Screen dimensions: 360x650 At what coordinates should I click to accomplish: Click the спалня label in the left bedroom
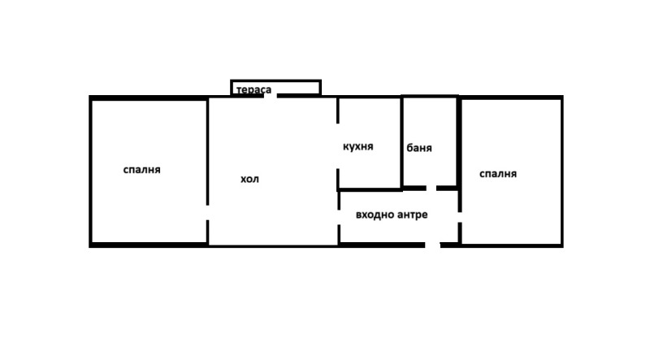pos(141,170)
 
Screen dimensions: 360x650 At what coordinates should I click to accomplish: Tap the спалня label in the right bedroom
pos(498,174)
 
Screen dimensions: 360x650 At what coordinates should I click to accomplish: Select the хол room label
pos(249,179)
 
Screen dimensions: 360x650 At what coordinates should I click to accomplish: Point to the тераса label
pos(253,90)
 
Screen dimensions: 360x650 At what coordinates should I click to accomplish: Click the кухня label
pos(358,147)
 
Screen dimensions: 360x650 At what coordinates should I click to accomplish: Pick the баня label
pos(419,149)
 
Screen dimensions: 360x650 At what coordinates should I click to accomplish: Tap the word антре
pos(412,215)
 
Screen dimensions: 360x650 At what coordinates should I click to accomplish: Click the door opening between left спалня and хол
pos(208,213)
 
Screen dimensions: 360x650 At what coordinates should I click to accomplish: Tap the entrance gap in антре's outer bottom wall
pos(433,245)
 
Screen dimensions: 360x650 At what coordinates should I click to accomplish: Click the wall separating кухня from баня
pos(402,142)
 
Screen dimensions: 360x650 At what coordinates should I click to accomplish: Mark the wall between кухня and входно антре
pos(370,189)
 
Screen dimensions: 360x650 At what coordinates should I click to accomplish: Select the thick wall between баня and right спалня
pos(459,142)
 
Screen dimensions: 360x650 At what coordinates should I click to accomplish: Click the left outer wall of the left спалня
pos(90,171)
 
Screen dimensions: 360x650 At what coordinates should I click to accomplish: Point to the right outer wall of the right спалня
pos(561,171)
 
